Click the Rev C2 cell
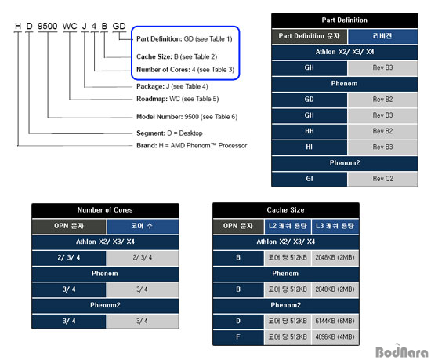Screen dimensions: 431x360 pos(382,179)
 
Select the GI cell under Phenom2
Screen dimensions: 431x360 pos(310,179)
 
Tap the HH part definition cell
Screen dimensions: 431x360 pos(310,131)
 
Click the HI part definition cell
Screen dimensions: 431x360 pos(310,147)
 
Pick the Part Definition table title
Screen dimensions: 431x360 pos(345,20)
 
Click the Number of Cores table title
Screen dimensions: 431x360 pos(105,210)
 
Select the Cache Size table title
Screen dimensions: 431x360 pos(285,210)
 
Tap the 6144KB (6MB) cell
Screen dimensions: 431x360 pos(335,321)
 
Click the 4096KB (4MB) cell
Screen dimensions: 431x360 pos(335,337)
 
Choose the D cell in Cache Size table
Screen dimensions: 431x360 pos(238,321)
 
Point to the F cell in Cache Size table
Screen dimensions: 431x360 pos(238,337)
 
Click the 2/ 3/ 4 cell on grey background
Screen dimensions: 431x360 pos(143,258)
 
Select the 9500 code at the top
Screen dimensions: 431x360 pos(47,26)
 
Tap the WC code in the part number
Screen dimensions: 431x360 pos(70,26)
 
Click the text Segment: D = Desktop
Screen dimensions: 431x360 pos(169,133)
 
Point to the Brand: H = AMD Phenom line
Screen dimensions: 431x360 pos(191,145)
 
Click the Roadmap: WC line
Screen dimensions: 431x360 pos(178,99)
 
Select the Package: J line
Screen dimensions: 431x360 pos(172,86)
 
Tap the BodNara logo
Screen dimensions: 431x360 pos(401,351)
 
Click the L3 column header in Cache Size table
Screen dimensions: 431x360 pos(335,226)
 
